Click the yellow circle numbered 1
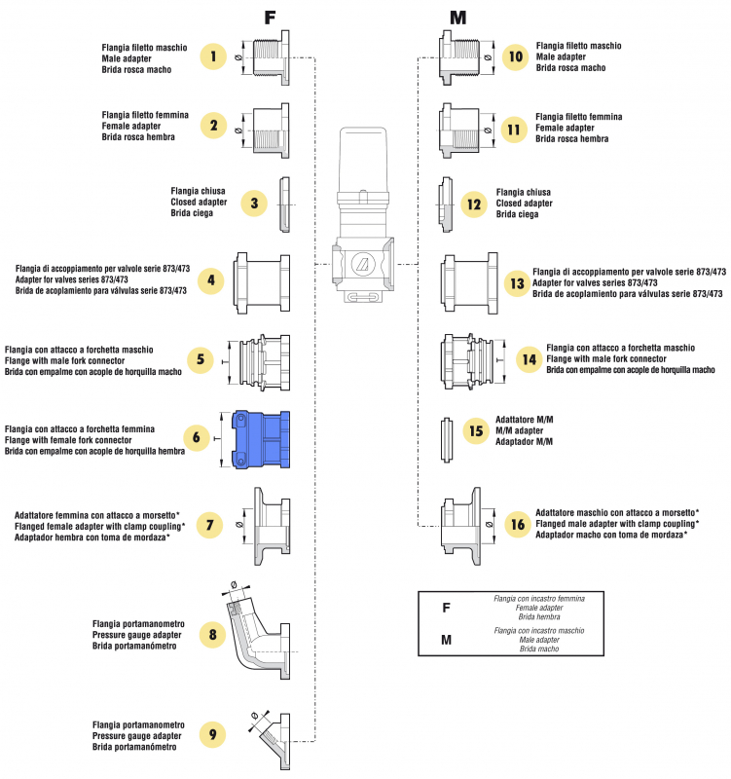pos(213,56)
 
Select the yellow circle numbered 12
pos(473,204)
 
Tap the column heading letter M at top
pos(457,17)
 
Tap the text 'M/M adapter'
pos(518,429)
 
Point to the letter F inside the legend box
pos(446,608)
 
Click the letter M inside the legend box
pos(446,640)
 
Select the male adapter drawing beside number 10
pos(461,56)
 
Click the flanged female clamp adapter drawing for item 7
pos(270,525)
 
